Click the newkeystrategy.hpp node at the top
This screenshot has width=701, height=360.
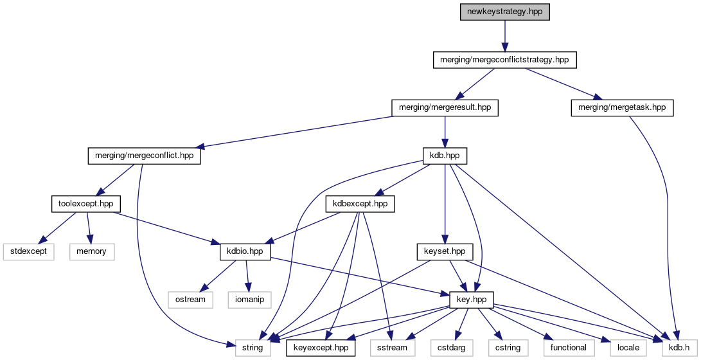coord(504,12)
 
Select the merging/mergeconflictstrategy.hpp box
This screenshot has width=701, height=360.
coord(504,60)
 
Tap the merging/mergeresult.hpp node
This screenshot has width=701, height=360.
coord(445,107)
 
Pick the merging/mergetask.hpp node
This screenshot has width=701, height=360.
coord(621,107)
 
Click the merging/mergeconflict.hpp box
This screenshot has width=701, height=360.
coord(144,156)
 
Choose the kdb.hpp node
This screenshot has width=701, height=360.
coord(445,156)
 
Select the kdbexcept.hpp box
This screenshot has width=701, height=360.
coord(360,204)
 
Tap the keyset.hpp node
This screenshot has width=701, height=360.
coord(445,251)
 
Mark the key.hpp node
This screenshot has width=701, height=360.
coord(475,300)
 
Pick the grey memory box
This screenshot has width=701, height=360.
coord(91,251)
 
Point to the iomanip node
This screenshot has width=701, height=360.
coord(249,300)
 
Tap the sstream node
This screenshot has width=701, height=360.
coord(389,348)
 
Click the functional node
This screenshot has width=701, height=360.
coord(568,348)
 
